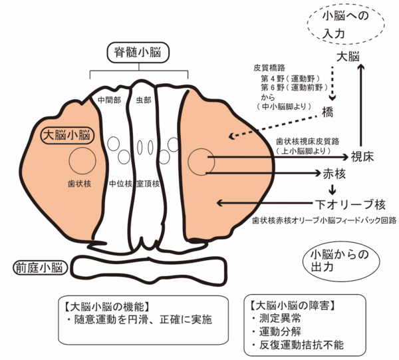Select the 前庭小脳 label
point(39,268)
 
